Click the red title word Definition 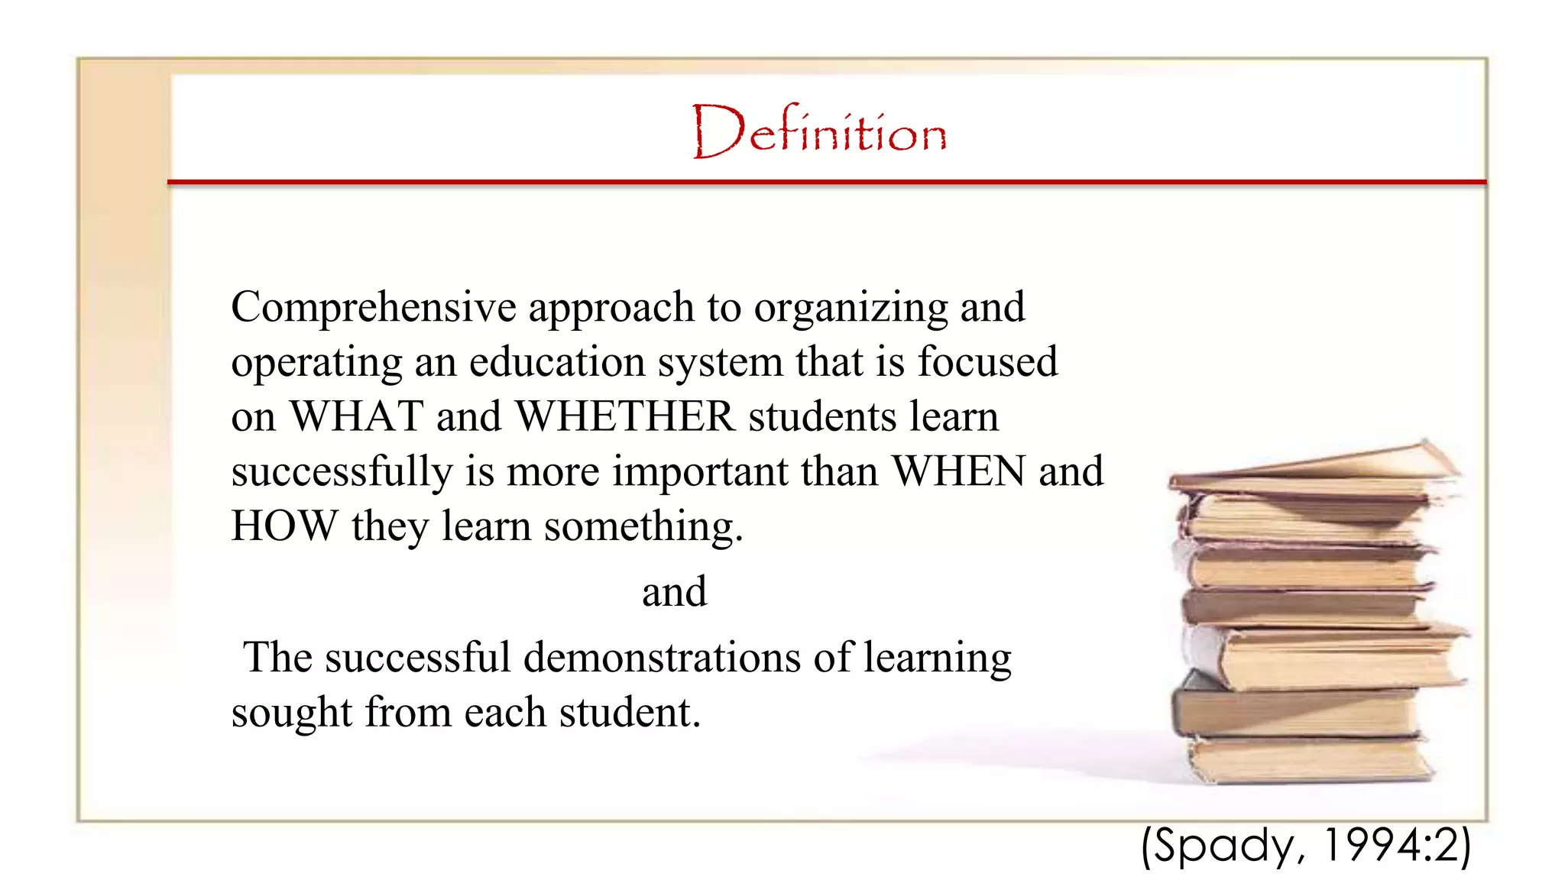[819, 131]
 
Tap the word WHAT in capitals [357, 417]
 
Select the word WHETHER [625, 417]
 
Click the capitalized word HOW [284, 526]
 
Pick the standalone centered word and [674, 592]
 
